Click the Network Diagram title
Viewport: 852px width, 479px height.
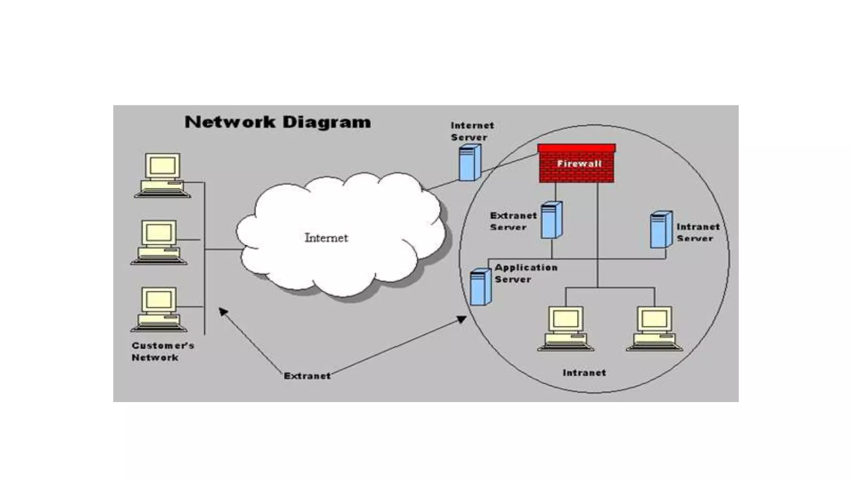coord(277,122)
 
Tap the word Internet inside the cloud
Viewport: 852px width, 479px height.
coord(326,238)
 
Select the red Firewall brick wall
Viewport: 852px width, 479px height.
coord(577,164)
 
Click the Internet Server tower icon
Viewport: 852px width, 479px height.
coord(470,163)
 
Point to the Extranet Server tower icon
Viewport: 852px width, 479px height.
coord(552,220)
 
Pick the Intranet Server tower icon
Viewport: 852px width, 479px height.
coord(661,230)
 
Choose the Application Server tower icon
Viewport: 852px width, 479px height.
coord(480,287)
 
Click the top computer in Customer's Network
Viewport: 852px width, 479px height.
coord(163,175)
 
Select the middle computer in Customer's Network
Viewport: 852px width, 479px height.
coord(159,242)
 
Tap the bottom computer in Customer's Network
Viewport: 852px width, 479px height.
coord(159,309)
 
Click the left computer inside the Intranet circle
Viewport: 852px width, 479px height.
coord(566,328)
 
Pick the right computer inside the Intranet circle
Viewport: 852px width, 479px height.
coord(654,328)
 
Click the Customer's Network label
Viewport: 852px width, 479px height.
coord(163,351)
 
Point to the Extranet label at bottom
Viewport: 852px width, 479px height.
coord(307,376)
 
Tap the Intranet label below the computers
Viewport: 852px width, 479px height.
coord(584,373)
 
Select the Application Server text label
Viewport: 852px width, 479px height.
coord(526,274)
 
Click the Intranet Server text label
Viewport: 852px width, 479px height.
coord(698,232)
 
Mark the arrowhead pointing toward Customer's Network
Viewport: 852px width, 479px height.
coord(223,311)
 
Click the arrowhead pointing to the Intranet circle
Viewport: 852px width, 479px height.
coord(462,319)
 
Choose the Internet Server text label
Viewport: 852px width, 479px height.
coord(472,131)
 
